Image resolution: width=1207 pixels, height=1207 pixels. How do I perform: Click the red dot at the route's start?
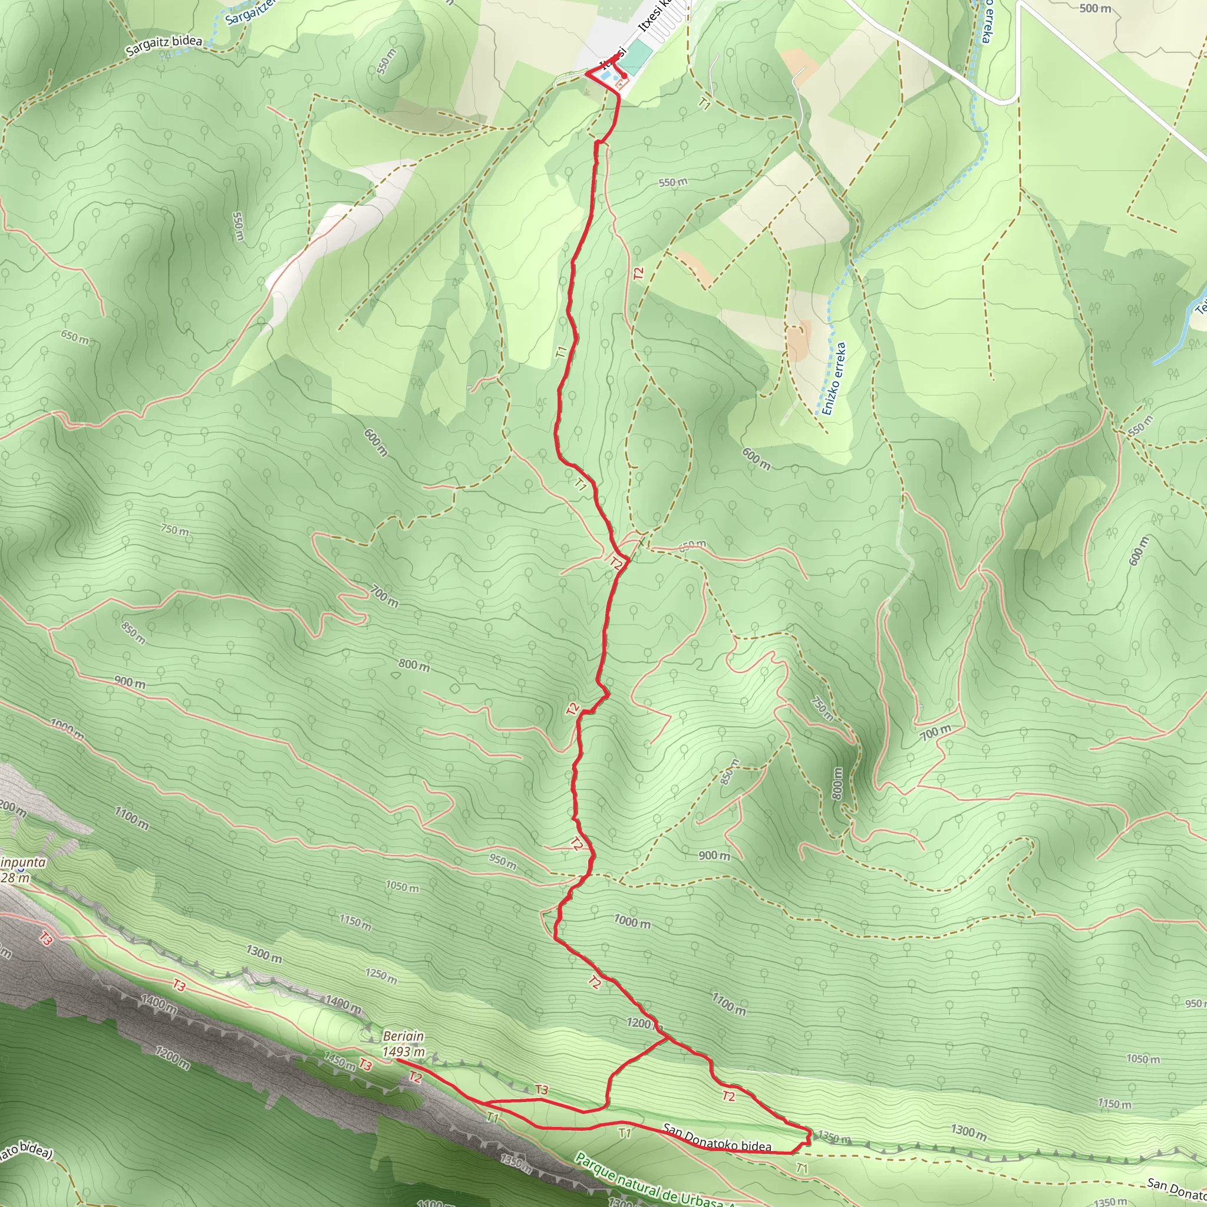(624, 75)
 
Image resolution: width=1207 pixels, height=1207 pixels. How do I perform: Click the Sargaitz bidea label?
(164, 46)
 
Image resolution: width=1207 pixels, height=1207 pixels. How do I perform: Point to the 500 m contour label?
(1096, 8)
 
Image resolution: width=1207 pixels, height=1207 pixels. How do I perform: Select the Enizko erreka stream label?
(834, 378)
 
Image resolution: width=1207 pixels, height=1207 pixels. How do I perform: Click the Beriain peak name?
(403, 1037)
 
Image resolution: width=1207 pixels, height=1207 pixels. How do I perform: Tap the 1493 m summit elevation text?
(403, 1051)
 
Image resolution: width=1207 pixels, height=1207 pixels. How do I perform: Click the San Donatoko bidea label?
(717, 1138)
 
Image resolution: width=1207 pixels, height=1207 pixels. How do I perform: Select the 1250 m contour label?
(381, 975)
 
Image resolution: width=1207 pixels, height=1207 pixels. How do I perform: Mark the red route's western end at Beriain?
(397, 1060)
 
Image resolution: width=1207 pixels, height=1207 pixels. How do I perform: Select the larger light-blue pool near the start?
(605, 77)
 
